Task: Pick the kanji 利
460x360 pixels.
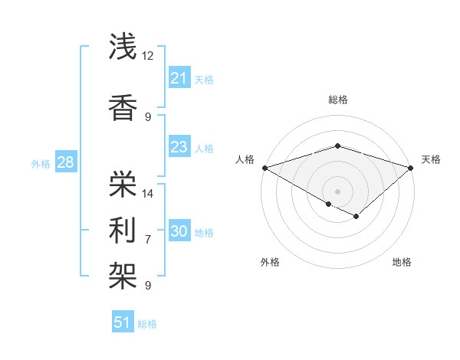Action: (x=123, y=230)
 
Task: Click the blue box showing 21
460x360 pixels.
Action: (x=179, y=78)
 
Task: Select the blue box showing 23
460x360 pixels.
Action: (x=179, y=147)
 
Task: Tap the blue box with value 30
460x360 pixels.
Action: (x=179, y=231)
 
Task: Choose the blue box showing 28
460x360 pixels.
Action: (x=65, y=162)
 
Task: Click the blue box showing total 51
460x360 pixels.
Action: (x=123, y=322)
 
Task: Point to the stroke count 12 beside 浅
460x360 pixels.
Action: (x=148, y=56)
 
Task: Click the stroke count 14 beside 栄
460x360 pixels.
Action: (x=148, y=193)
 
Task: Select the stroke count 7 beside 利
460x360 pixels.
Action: (x=148, y=239)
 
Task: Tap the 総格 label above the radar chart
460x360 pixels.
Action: (x=337, y=100)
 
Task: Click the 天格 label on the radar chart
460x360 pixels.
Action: (x=431, y=159)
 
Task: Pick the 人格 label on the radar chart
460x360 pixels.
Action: (x=245, y=159)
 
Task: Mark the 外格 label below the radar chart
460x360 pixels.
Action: (x=270, y=262)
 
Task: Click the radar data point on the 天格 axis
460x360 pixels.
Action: (x=412, y=167)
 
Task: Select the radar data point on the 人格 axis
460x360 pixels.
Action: (x=264, y=167)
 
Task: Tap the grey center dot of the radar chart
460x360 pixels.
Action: (x=337, y=191)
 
